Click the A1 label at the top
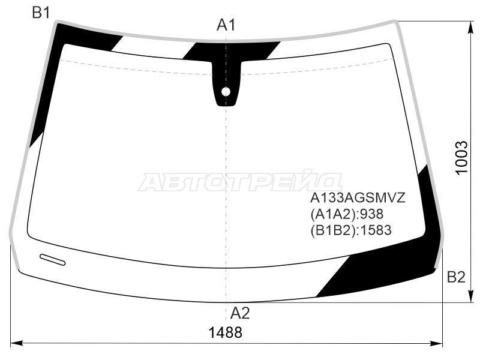[226, 25]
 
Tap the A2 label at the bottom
[240, 313]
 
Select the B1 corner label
[41, 13]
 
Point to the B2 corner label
[456, 277]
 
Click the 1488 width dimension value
[225, 332]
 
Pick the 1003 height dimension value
[461, 158]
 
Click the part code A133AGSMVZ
[358, 198]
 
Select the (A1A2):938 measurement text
[347, 214]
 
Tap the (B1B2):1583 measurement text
[351, 230]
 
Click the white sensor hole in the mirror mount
[226, 92]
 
